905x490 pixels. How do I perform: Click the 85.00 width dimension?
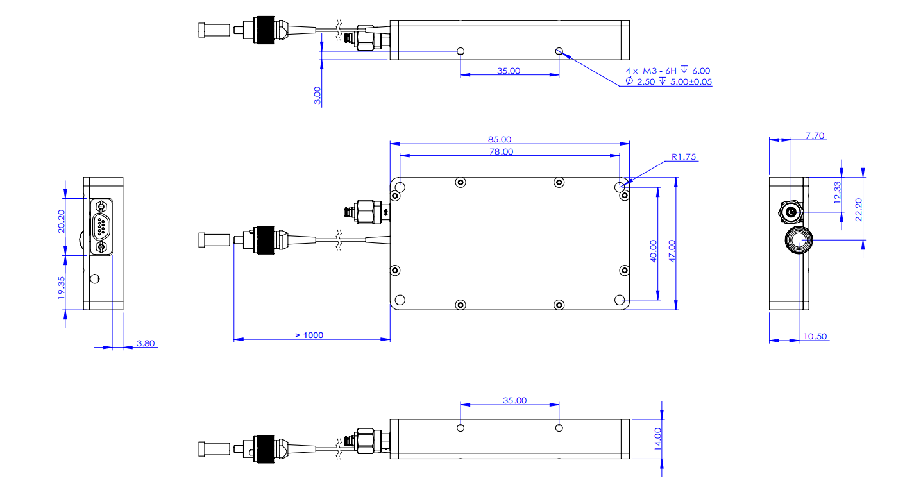(x=500, y=139)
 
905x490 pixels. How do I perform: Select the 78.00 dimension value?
(x=502, y=151)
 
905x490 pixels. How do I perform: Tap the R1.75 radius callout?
(x=684, y=156)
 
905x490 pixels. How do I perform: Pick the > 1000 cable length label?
(x=309, y=335)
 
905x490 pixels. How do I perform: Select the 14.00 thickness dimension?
(x=657, y=439)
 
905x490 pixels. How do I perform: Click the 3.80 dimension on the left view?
(x=146, y=343)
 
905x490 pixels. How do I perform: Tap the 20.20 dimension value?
(x=60, y=221)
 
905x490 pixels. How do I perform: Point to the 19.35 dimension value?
(x=60, y=287)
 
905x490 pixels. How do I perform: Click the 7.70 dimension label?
(x=815, y=135)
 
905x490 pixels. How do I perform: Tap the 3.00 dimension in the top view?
(x=317, y=96)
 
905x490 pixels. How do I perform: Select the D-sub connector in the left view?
(x=101, y=227)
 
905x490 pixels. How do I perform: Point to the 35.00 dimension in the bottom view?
(x=514, y=400)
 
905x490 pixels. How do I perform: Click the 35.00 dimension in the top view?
(x=509, y=71)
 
